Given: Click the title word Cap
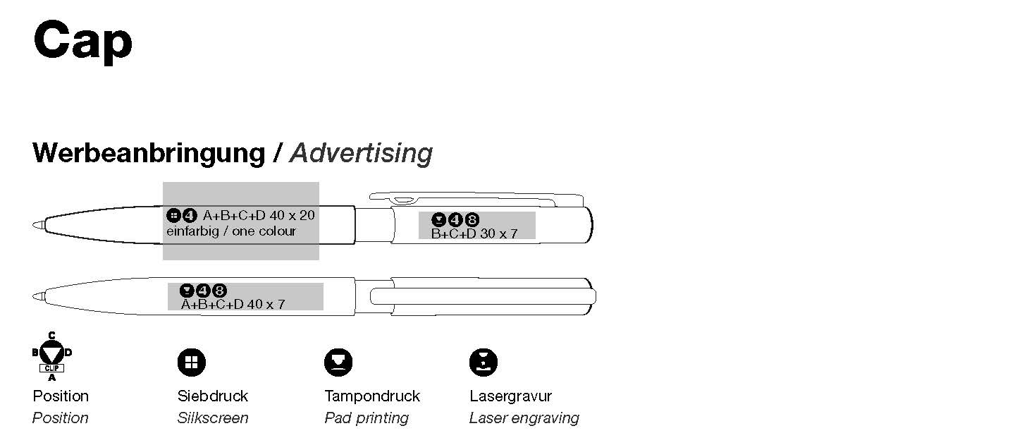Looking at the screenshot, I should pos(82,41).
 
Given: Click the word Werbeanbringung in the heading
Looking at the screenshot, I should pos(148,153).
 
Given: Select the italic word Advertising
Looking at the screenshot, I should pos(362,153).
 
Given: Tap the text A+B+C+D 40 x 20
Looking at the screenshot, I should pos(259,215).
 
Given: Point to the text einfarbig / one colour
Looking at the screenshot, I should pos(231,231).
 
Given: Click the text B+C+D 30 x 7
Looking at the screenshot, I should pos(474,233).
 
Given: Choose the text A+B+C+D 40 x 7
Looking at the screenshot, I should pos(233,305).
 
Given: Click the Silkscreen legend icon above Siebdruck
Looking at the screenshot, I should pos(191,363).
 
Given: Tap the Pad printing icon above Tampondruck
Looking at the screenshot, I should pos(338,363).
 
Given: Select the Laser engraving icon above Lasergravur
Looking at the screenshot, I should pos(484,363).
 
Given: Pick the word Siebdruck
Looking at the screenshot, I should pos(213,396).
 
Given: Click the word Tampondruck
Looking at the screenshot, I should pos(372,396).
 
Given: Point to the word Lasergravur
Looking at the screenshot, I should pos(510,396).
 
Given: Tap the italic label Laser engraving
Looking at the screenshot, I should pos(524,418).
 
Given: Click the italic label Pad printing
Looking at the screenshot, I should pos(367,418).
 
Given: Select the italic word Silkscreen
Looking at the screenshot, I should pos(213,418).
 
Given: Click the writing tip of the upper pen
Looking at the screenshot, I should pos(37,225).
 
